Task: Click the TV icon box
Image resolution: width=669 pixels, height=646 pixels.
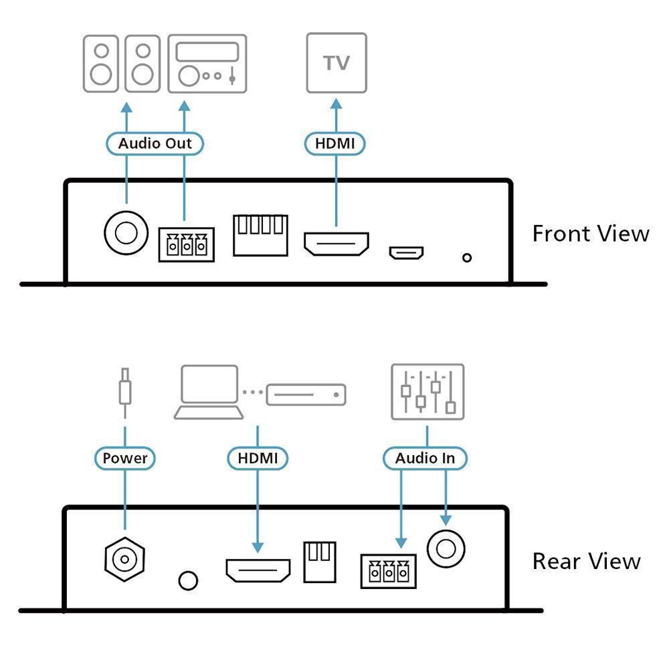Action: coord(337,63)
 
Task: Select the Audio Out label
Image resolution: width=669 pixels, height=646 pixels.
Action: coord(155,143)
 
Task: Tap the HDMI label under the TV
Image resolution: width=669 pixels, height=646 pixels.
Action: coord(336,143)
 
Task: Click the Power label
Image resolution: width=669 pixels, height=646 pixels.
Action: coord(125,459)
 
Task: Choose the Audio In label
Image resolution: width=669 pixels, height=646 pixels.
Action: coord(425,459)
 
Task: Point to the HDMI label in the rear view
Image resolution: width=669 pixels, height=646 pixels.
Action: coord(258,459)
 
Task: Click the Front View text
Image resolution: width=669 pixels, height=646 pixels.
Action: coord(591,234)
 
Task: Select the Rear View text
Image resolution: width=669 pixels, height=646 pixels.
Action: coord(587,561)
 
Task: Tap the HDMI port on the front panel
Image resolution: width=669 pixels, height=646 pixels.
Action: coord(337,244)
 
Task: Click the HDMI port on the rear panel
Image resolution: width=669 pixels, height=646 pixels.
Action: coord(258,570)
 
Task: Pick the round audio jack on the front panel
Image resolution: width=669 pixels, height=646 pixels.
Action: coord(126,232)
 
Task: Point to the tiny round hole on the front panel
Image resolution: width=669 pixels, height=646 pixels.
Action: coord(467,258)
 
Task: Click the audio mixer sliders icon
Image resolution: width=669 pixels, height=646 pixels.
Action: coord(427,392)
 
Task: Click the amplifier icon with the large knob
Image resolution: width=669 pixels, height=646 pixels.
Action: coord(207,63)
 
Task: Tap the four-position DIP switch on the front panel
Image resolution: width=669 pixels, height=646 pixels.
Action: coord(260,234)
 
